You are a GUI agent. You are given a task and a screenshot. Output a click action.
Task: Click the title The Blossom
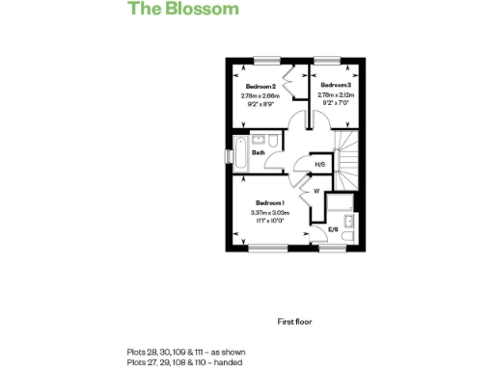click(x=183, y=10)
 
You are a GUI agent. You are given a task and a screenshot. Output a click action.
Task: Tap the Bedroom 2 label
click(x=260, y=87)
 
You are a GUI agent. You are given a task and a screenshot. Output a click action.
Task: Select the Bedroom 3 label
click(x=335, y=85)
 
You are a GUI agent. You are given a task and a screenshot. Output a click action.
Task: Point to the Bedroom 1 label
click(x=270, y=202)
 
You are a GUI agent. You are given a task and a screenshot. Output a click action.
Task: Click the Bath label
click(x=259, y=152)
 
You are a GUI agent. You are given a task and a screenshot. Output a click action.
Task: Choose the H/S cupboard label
click(x=319, y=164)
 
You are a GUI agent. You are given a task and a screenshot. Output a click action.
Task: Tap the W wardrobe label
click(x=316, y=190)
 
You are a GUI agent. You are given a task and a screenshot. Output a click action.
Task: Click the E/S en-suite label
click(x=334, y=229)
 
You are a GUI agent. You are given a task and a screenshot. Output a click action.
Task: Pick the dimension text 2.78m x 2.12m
click(x=335, y=94)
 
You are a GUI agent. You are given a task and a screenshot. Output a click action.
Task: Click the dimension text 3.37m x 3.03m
click(x=270, y=212)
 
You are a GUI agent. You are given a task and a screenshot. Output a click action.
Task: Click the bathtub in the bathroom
click(x=238, y=152)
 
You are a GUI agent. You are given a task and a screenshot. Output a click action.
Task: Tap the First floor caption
click(x=294, y=321)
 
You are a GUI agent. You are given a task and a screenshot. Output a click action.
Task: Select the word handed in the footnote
click(x=229, y=362)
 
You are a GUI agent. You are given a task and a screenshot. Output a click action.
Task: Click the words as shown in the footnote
click(x=221, y=352)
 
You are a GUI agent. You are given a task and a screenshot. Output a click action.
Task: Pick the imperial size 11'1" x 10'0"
click(x=270, y=221)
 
